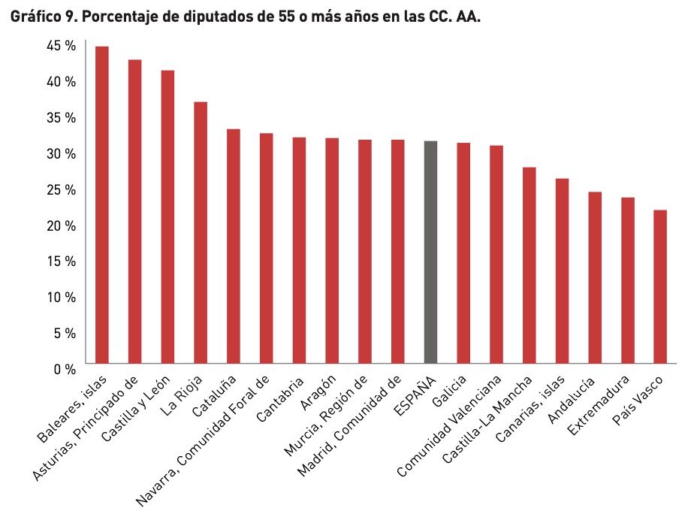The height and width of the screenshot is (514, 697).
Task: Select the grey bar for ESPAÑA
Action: [430, 252]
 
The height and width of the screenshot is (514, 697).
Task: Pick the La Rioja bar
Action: [201, 232]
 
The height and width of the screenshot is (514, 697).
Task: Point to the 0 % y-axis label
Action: [65, 369]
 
